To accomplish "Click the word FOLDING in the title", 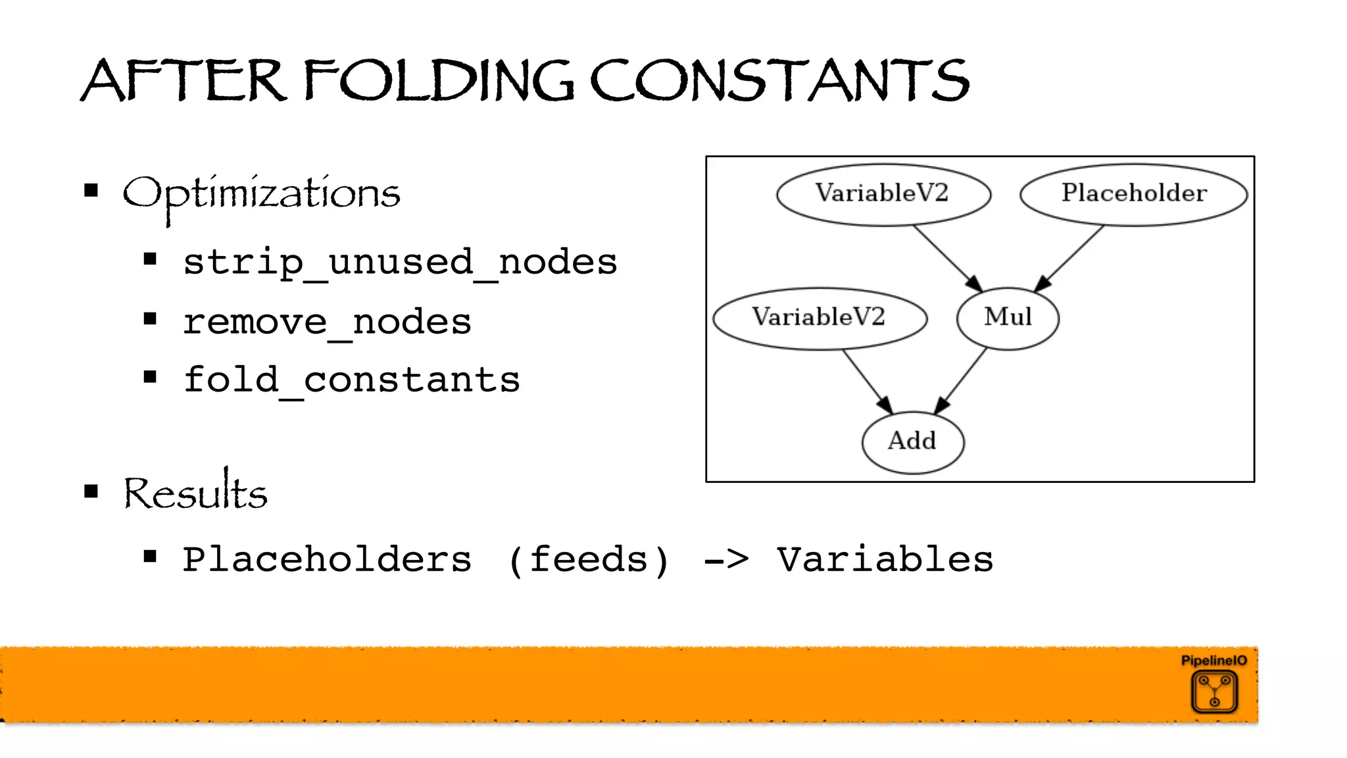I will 439,81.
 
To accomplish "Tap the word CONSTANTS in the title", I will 779,81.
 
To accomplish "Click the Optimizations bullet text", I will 261,194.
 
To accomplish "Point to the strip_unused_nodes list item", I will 400,262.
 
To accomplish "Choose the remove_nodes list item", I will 327,322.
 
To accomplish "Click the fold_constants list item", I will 351,380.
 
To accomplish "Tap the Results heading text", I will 195,493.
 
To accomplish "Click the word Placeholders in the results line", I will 327,559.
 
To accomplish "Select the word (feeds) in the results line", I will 589,559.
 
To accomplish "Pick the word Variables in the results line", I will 885,559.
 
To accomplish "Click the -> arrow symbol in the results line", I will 726,560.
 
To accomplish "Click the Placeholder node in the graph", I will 1133,193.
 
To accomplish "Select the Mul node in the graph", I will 1008,318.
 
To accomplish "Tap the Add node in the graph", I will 912,441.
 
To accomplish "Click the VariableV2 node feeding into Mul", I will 883,193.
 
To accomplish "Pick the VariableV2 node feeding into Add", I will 820,318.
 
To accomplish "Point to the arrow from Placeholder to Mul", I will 1071,257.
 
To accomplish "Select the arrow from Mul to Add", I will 961,381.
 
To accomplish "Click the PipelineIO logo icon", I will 1214,691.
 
